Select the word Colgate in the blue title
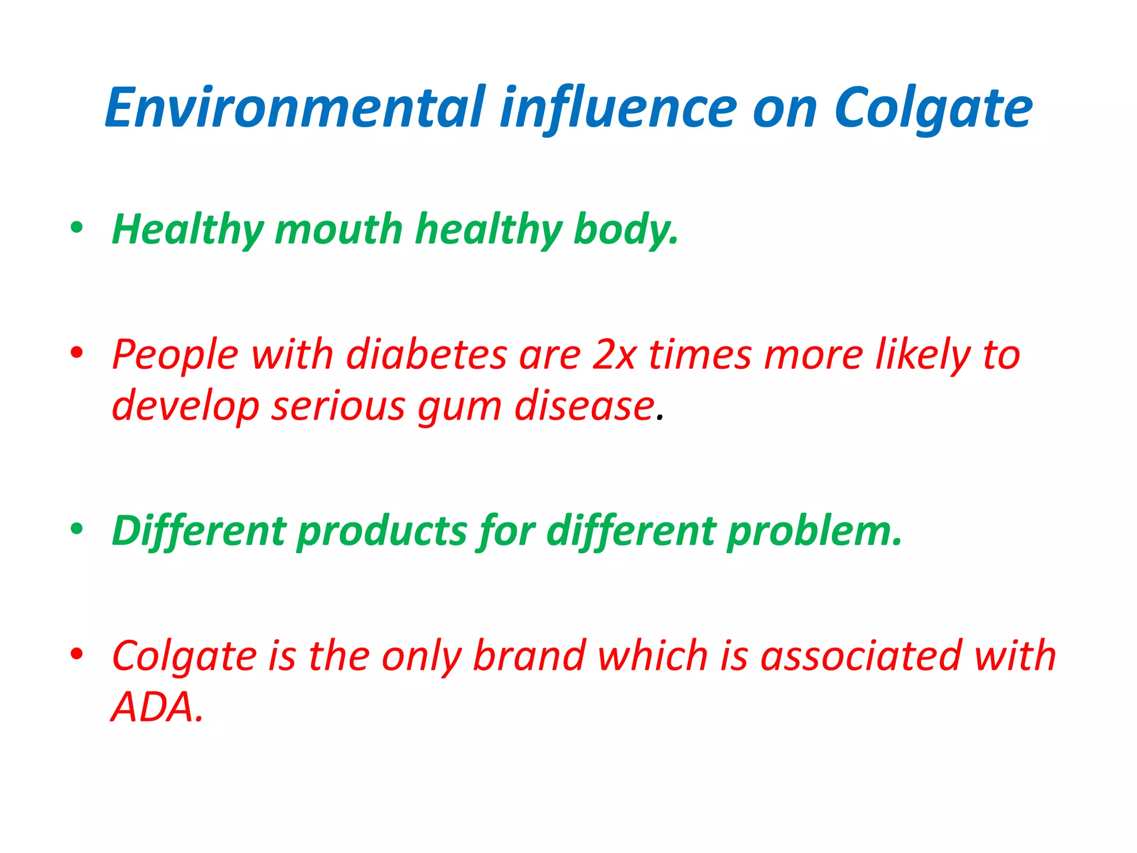933,109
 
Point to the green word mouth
339,229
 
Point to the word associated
860,656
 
